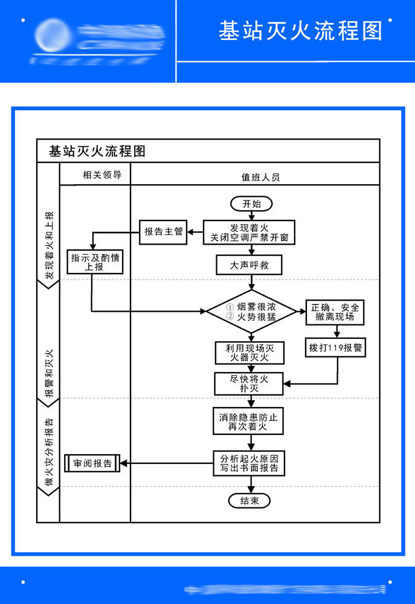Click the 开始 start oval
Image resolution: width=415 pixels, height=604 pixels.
coord(251,204)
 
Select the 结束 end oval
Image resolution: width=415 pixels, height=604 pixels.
coord(249,500)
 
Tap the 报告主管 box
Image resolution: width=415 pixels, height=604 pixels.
coord(163,232)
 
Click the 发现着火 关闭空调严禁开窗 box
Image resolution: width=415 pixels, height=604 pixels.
coord(249,233)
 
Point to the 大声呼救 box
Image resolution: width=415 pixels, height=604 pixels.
coord(249,265)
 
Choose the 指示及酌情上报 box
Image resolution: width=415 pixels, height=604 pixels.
coord(95,262)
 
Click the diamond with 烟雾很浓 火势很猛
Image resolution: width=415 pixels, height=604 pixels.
coord(251,312)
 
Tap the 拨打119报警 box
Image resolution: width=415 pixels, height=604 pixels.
coord(336,348)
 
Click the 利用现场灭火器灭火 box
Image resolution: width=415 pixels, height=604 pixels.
coord(246,353)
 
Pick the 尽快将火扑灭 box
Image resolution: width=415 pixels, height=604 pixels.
coord(245,384)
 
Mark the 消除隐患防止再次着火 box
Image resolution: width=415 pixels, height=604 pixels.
coord(248,421)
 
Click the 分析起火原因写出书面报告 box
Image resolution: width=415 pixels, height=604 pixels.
coord(248,463)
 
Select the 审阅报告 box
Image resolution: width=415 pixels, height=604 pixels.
coord(92,463)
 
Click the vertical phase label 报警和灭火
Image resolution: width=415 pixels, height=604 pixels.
coord(49,372)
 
